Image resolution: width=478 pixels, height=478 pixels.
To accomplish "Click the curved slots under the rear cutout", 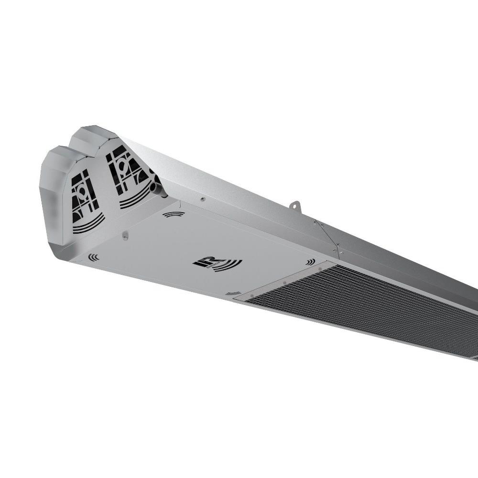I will coord(135,196).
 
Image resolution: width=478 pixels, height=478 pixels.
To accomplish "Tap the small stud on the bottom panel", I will coord(125,235).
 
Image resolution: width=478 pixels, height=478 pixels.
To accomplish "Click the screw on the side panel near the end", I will coord(203,199).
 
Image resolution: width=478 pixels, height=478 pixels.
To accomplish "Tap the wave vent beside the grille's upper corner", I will coord(311,262).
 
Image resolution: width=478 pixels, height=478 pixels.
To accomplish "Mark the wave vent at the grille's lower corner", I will coord(233,293).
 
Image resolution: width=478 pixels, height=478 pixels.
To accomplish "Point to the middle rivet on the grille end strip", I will coord(285,282).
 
